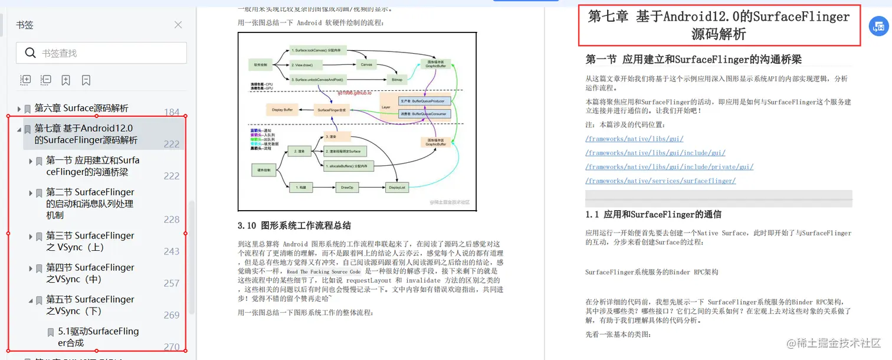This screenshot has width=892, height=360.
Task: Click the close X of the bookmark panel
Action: (178, 25)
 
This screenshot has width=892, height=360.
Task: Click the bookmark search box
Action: (101, 53)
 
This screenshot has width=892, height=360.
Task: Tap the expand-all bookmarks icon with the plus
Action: (25, 80)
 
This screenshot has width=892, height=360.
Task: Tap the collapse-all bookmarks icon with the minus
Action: (45, 80)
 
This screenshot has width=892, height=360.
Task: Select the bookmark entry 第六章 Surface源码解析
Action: (81, 108)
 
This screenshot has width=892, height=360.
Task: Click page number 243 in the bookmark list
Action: (172, 251)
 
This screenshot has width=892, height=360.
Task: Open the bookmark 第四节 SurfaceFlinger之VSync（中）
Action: (90, 273)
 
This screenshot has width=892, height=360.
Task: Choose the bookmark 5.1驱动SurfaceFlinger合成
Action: (98, 337)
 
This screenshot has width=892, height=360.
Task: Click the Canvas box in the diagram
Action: (366, 64)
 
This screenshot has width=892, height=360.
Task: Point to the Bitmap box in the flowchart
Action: (397, 78)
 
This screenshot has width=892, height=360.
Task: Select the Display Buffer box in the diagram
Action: (283, 110)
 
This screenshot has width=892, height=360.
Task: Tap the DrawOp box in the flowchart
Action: (346, 188)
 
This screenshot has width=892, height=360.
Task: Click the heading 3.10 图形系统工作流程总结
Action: (294, 225)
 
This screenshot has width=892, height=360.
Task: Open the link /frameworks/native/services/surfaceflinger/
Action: (660, 181)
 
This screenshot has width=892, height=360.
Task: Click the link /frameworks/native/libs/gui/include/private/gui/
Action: (669, 167)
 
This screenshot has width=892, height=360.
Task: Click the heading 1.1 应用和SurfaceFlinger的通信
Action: (653, 214)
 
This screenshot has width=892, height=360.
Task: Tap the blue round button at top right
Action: (879, 27)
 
